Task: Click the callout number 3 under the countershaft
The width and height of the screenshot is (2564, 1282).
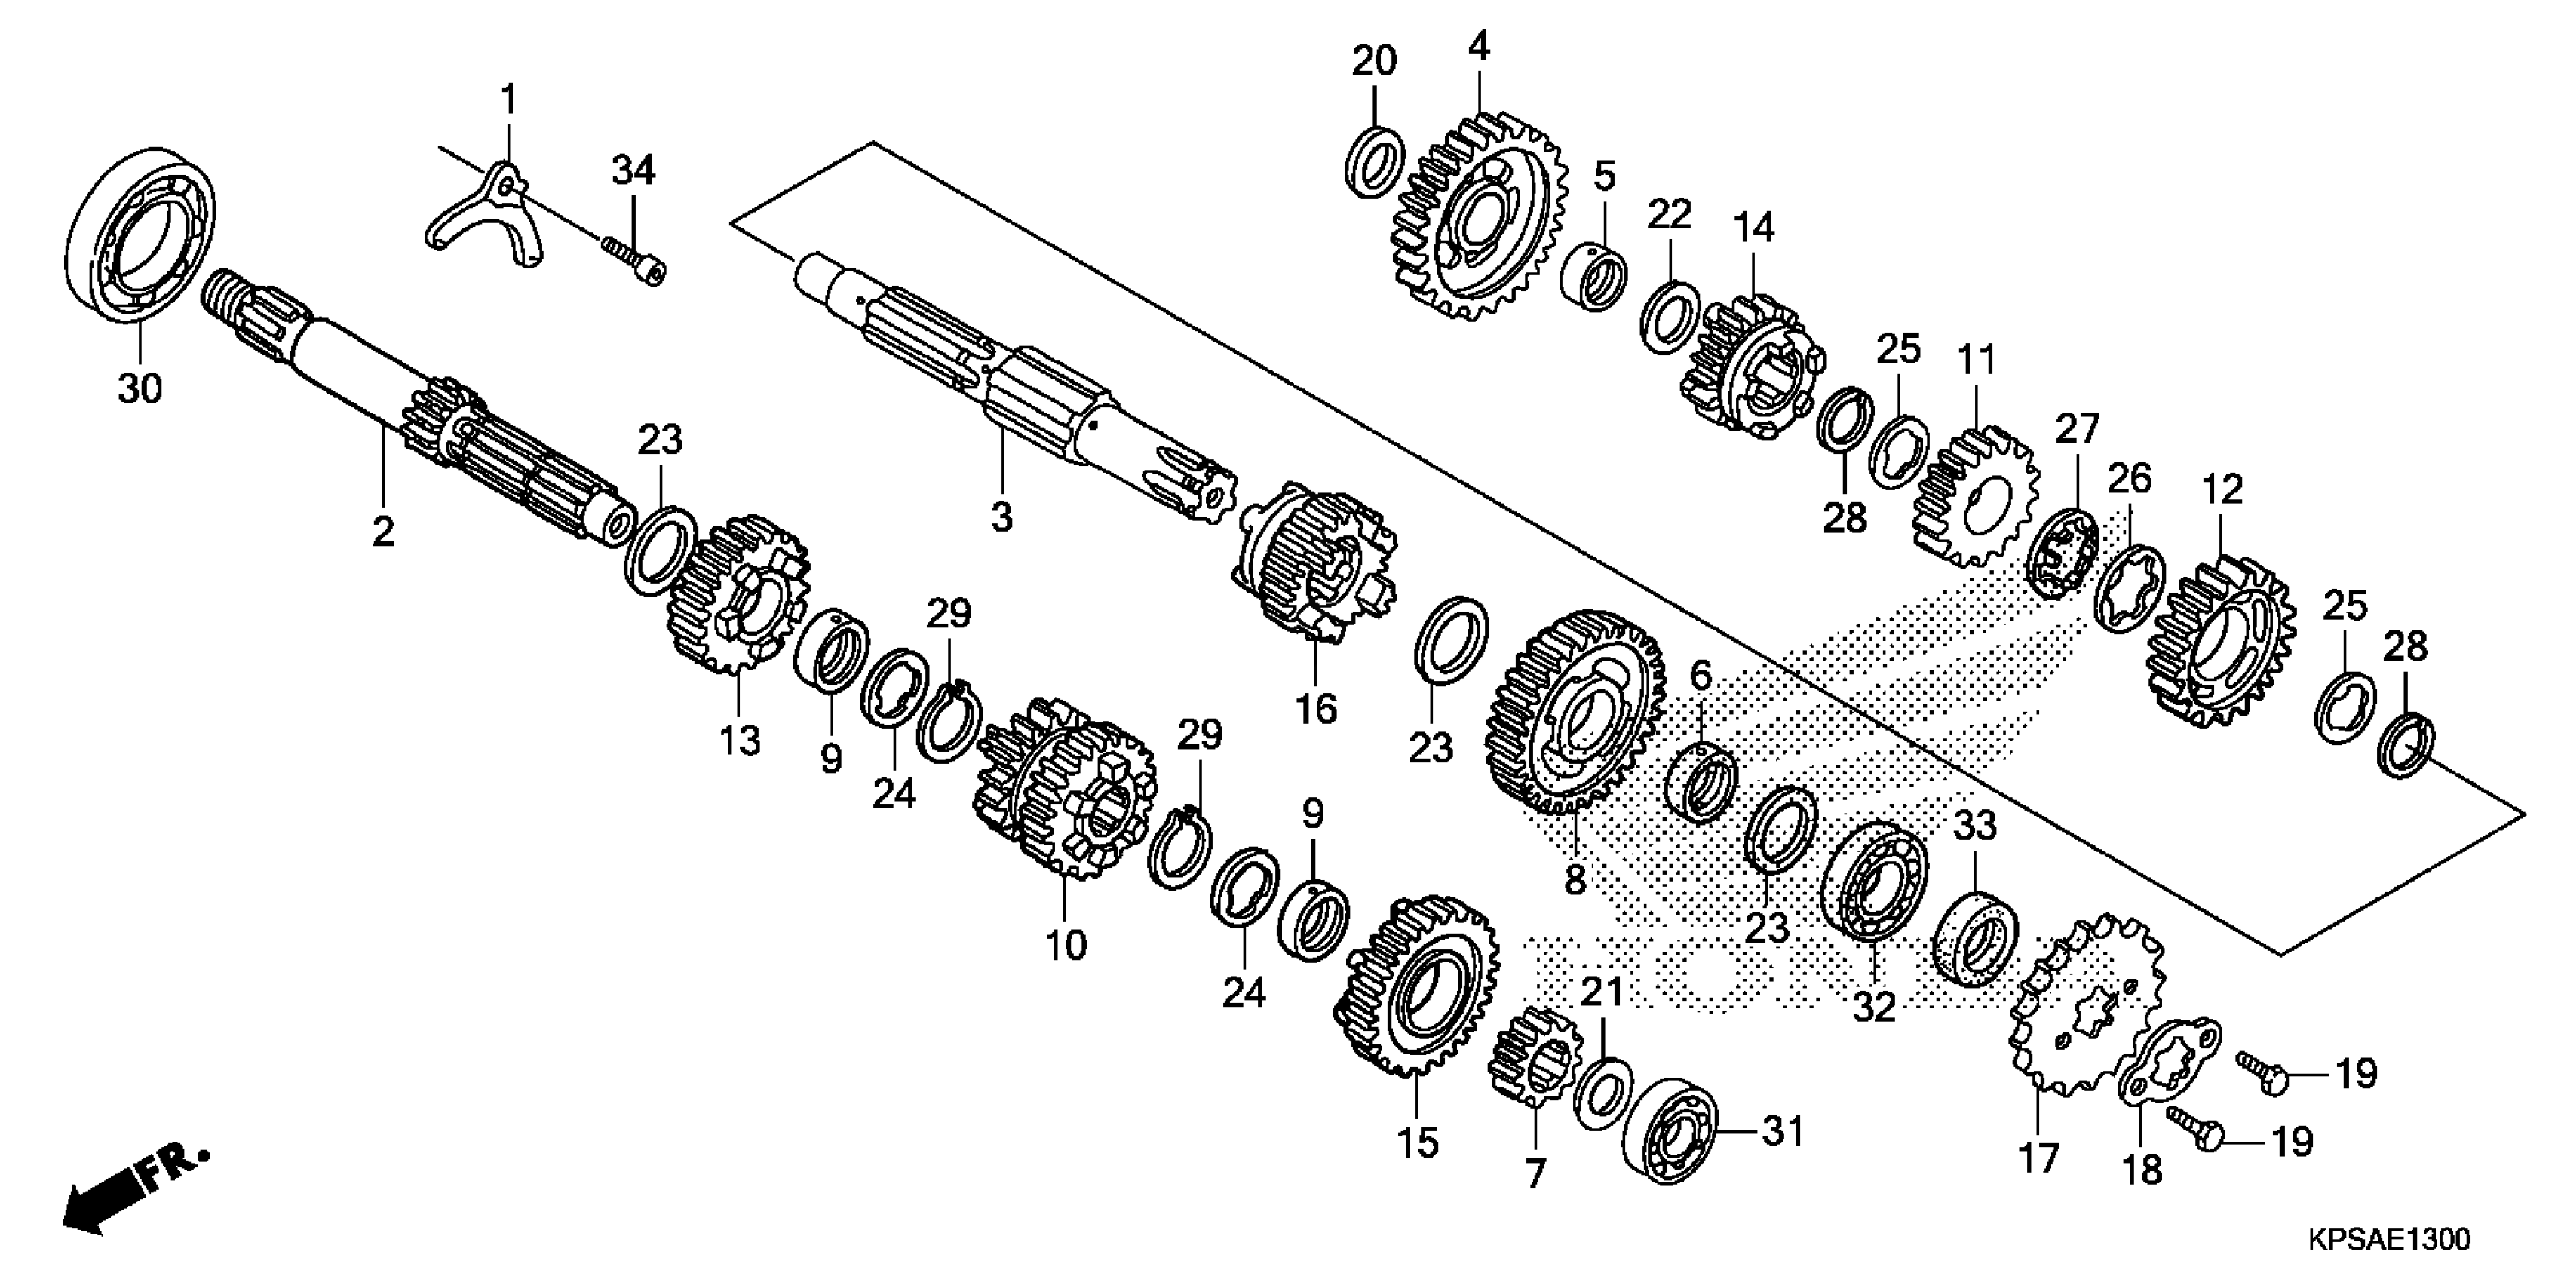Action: (x=1001, y=517)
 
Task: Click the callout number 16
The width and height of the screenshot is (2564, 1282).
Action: (x=1315, y=709)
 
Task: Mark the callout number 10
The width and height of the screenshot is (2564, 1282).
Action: (x=1065, y=943)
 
